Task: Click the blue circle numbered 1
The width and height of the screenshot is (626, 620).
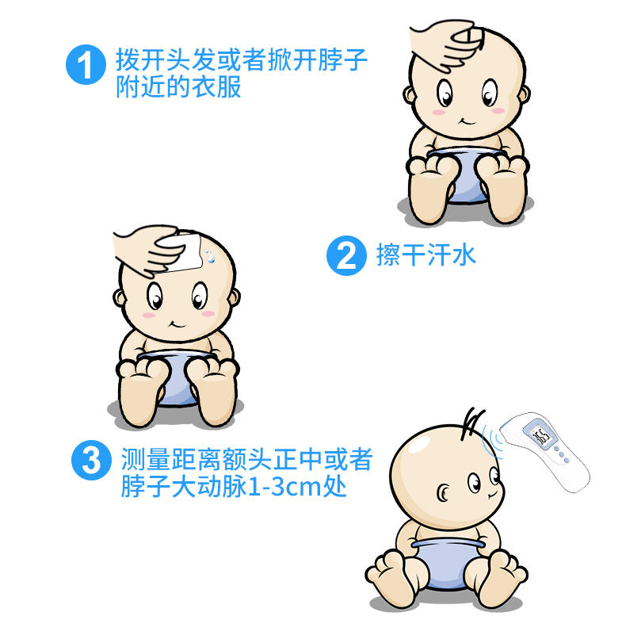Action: (x=86, y=64)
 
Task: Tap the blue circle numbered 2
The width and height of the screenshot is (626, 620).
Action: (x=346, y=255)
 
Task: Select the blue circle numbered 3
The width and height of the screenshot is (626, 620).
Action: (x=91, y=460)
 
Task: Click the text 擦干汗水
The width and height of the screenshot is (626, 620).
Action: (x=426, y=255)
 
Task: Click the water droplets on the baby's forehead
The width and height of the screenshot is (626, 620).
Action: (x=209, y=256)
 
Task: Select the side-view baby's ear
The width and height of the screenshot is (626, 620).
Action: (x=443, y=493)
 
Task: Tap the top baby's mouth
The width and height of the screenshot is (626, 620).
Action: (x=466, y=121)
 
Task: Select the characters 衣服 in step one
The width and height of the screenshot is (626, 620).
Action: (x=216, y=86)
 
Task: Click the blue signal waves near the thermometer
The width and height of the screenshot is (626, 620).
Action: (x=490, y=438)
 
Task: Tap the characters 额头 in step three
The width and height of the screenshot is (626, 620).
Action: (x=246, y=459)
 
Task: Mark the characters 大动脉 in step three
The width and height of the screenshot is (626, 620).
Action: (x=210, y=487)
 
